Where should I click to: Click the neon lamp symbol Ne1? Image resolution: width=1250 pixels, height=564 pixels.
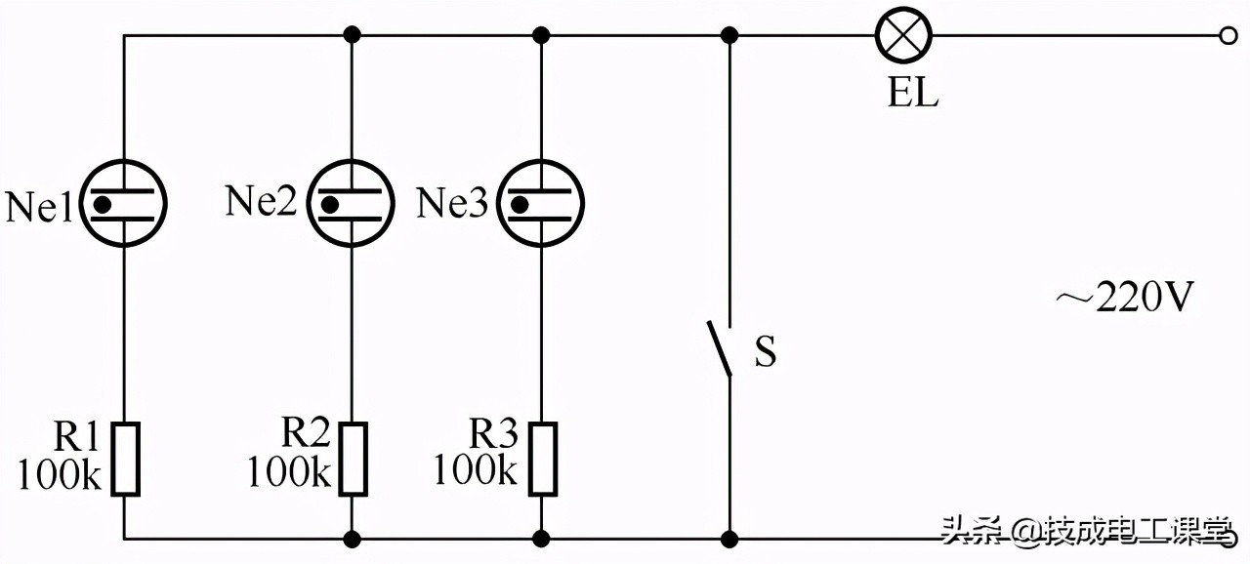pyautogui.click(x=124, y=203)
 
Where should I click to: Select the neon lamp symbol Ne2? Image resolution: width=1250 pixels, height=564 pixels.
pyautogui.click(x=352, y=203)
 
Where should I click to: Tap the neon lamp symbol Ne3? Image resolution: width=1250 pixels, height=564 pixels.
pyautogui.click(x=541, y=203)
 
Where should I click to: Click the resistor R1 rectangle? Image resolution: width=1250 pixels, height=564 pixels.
pyautogui.click(x=125, y=459)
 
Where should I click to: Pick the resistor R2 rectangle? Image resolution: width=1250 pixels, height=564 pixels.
pyautogui.click(x=353, y=459)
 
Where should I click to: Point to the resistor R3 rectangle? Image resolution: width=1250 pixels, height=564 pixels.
pyautogui.click(x=542, y=459)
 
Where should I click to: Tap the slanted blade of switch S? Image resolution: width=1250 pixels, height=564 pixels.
pyautogui.click(x=720, y=345)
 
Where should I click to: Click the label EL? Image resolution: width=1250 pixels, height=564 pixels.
pyautogui.click(x=912, y=95)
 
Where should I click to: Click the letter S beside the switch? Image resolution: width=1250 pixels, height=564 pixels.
pyautogui.click(x=766, y=351)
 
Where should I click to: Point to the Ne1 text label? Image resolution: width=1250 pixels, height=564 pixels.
pyautogui.click(x=40, y=207)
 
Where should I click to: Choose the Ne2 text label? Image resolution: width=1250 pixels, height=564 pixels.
pyautogui.click(x=261, y=201)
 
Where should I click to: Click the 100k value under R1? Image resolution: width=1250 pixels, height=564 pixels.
pyautogui.click(x=60, y=474)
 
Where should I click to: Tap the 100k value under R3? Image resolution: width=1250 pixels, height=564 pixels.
pyautogui.click(x=476, y=469)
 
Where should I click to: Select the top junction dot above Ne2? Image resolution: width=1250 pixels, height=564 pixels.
pyautogui.click(x=352, y=36)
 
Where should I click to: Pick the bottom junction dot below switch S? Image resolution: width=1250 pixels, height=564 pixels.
pyautogui.click(x=729, y=538)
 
